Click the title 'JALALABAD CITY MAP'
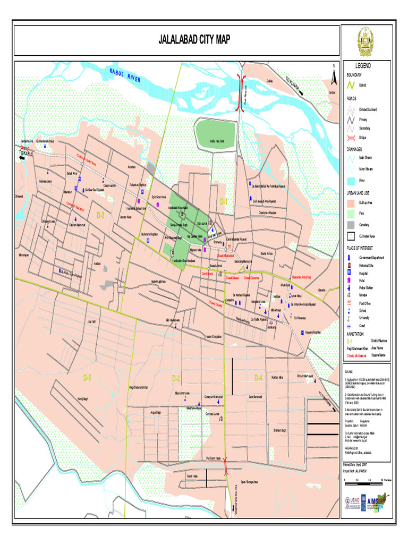pos(194,40)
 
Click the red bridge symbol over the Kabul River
pos(242,93)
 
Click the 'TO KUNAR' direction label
pos(294,85)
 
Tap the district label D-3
pos(100,215)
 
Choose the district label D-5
pos(88,377)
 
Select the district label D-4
pos(258,378)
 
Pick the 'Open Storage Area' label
pos(249,482)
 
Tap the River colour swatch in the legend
pos(351,181)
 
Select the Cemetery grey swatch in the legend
pos(351,224)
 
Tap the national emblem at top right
pos(365,42)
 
